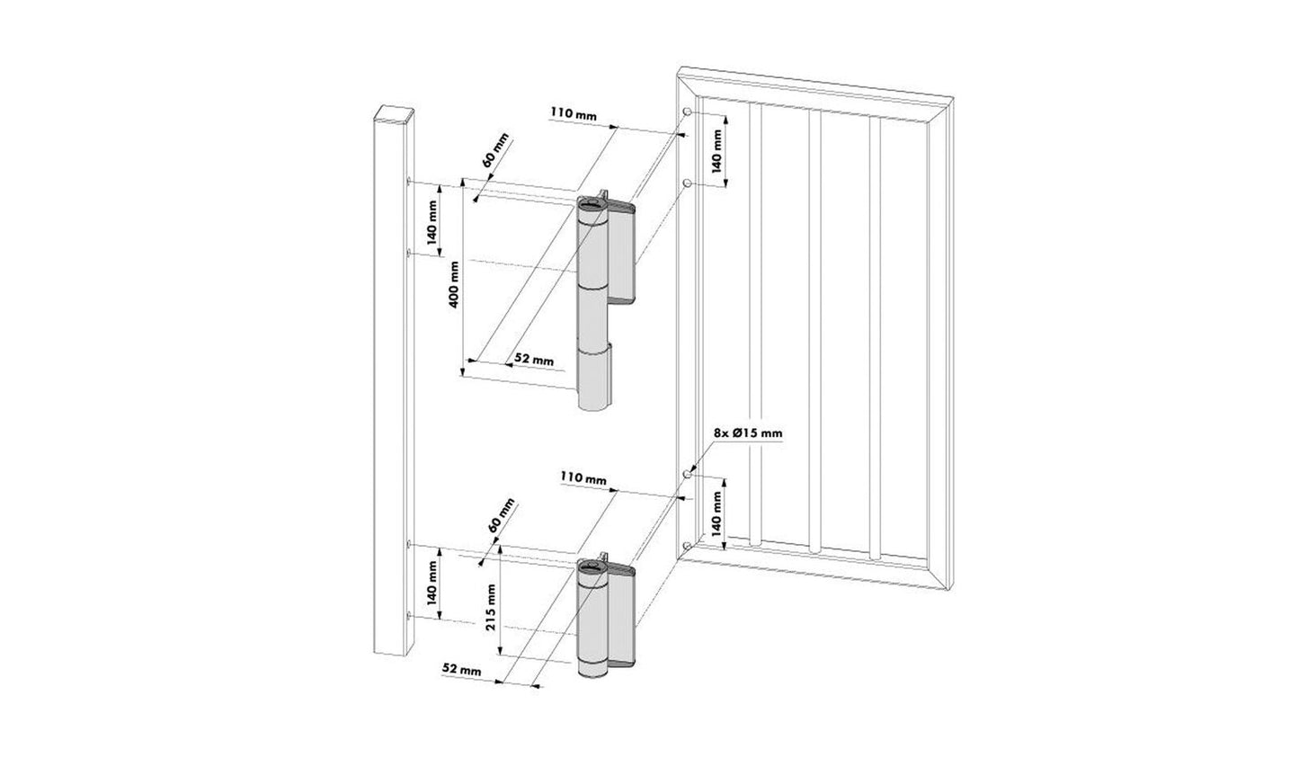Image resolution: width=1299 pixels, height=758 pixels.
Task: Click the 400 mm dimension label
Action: (456, 283)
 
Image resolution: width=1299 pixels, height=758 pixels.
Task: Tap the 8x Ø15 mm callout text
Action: (747, 433)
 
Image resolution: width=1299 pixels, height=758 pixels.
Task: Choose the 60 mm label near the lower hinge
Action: (500, 515)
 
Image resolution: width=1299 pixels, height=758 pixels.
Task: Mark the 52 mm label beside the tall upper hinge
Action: (535, 359)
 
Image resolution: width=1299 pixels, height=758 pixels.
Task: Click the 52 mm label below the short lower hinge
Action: (462, 671)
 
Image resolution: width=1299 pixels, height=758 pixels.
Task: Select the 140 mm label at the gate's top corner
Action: (717, 150)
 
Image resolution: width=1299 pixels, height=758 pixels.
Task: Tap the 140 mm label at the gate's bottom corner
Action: (717, 513)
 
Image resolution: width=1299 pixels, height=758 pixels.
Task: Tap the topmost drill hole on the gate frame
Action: (687, 111)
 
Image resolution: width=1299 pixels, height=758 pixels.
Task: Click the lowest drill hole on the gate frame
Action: (687, 545)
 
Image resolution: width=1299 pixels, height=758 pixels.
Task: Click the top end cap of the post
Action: (393, 115)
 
